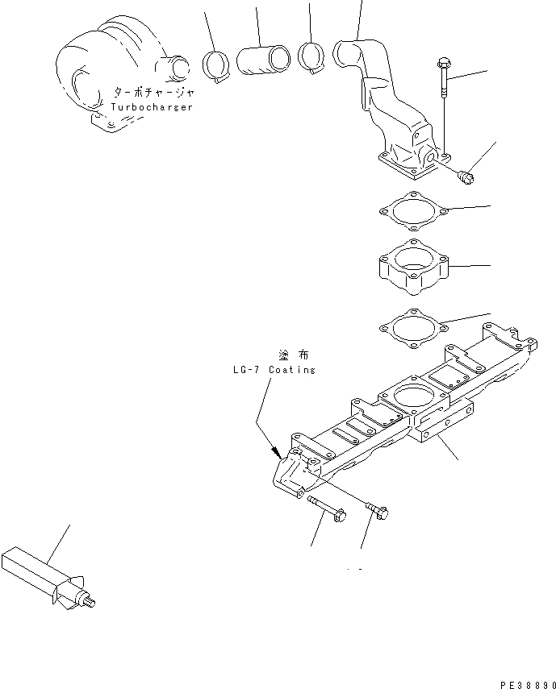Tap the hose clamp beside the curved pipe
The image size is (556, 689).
click(x=311, y=56)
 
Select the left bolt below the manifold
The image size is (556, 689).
click(x=326, y=509)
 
